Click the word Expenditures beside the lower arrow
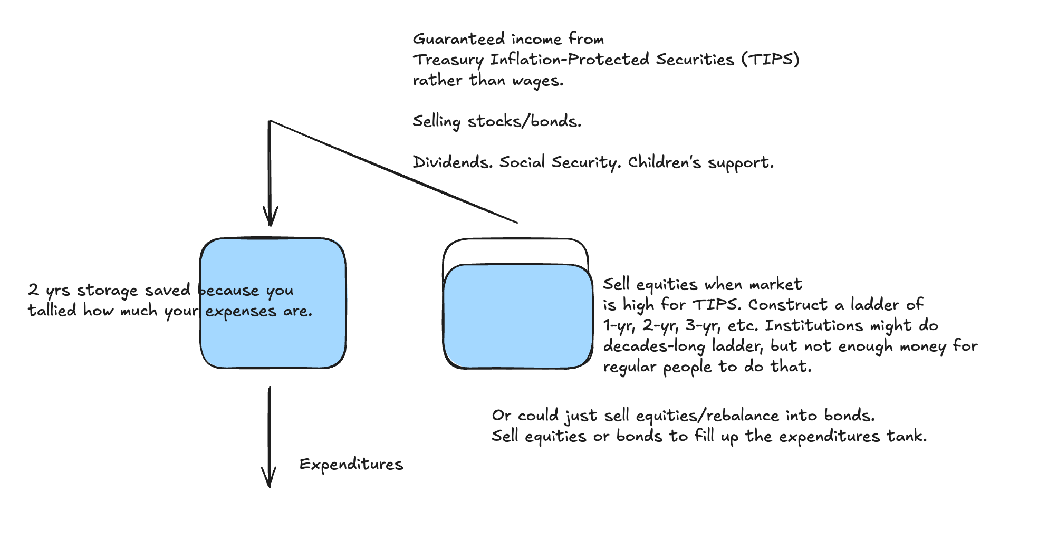351,465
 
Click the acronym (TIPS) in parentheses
771,60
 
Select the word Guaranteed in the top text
458,39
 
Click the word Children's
664,162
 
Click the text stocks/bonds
524,121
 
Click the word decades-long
653,346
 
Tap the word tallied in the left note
52,311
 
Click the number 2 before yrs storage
33,290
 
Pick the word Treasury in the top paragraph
448,60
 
